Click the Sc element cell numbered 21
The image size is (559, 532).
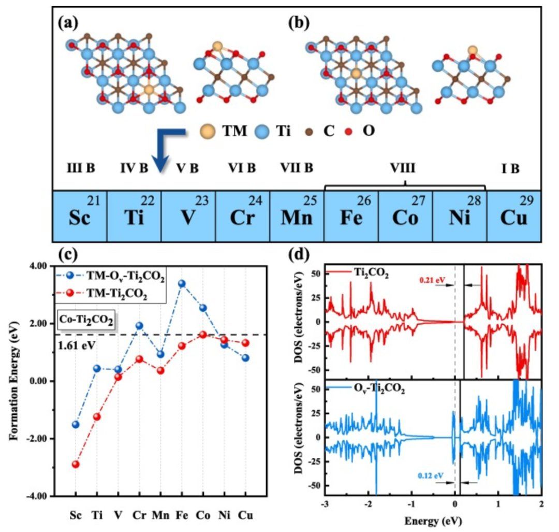(80, 216)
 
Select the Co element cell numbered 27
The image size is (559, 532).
(405, 216)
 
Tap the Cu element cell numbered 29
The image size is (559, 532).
(513, 216)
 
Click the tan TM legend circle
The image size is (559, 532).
(209, 132)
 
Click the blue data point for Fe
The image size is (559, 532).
(182, 284)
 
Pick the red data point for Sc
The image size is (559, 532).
(76, 464)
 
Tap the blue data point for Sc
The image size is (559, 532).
(76, 424)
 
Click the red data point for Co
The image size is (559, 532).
(203, 335)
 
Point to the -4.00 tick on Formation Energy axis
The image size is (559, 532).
(37, 496)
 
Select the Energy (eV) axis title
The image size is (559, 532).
(434, 519)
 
